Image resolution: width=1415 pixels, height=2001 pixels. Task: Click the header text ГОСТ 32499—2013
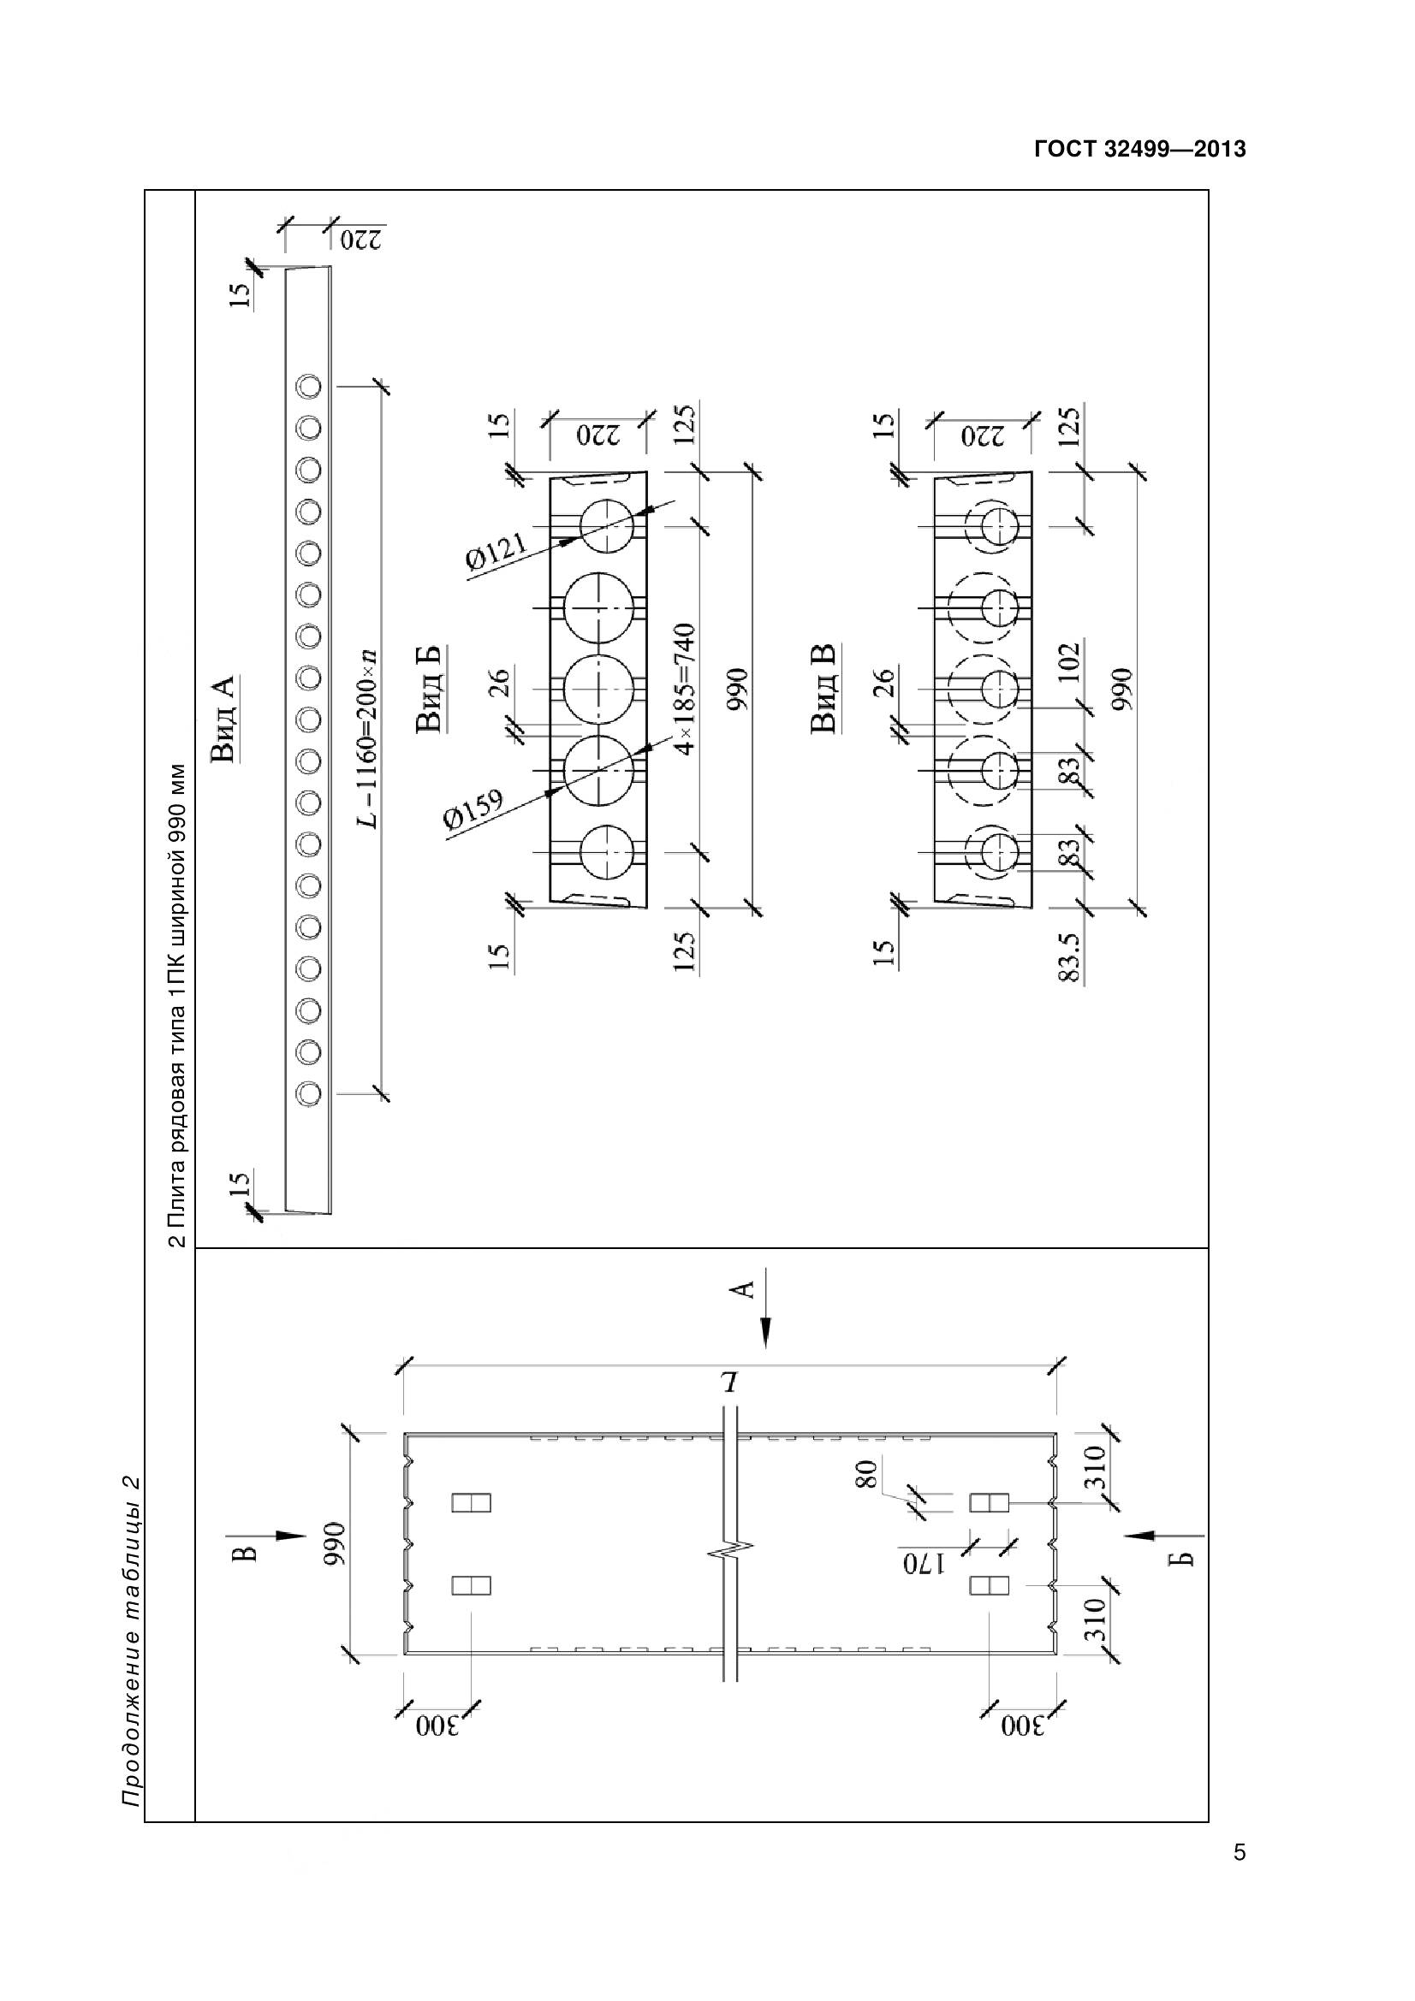[x=1139, y=150]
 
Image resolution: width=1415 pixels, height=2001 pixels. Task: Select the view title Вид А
[x=225, y=718]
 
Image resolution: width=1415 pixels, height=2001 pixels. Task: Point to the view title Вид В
[x=823, y=688]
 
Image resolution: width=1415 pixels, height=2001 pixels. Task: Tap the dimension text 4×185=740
[x=688, y=690]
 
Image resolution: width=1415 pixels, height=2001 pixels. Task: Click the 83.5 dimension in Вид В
[x=1070, y=957]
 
